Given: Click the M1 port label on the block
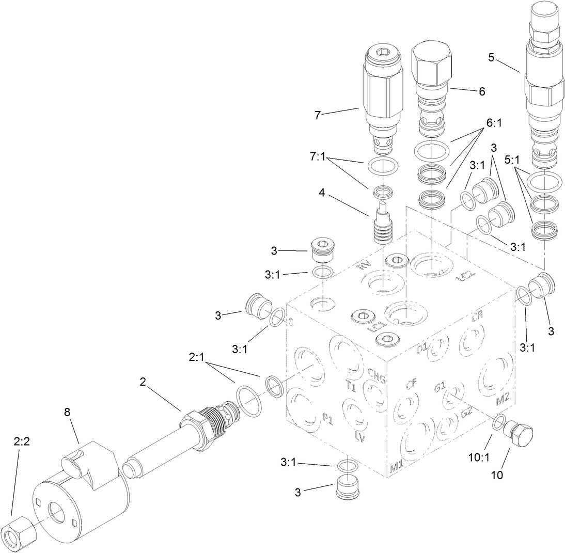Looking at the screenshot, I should click(x=396, y=468).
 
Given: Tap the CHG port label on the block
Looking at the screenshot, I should click(x=376, y=373).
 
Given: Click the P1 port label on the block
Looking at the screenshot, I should click(x=327, y=419).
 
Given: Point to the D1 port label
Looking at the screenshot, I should click(x=422, y=350).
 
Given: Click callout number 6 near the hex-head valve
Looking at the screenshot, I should click(x=482, y=91).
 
